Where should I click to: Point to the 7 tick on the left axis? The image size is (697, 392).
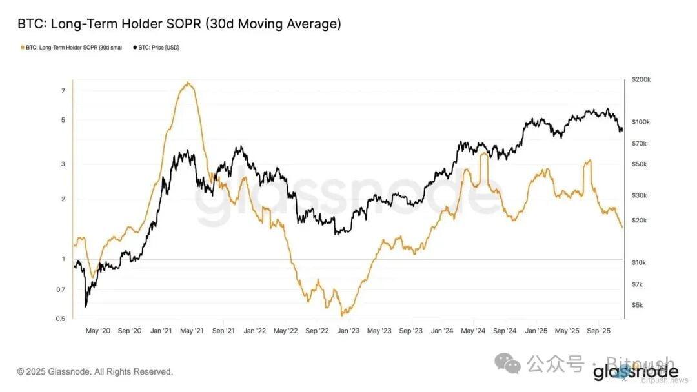coord(63,91)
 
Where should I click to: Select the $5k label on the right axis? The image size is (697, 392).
coord(638,305)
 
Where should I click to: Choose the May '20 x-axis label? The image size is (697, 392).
coord(98,331)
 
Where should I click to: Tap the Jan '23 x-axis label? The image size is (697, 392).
coord(348,331)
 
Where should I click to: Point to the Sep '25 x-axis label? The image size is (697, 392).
coord(598,331)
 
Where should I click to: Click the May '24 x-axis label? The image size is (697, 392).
coord(474,331)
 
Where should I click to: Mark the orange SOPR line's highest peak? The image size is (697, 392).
coord(187,83)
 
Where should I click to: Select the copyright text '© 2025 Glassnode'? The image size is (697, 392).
coord(95,372)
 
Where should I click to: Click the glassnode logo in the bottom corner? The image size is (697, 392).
coord(636,372)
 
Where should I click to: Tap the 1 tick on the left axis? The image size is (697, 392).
coord(63,259)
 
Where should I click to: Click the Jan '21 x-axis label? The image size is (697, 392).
coord(161,331)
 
